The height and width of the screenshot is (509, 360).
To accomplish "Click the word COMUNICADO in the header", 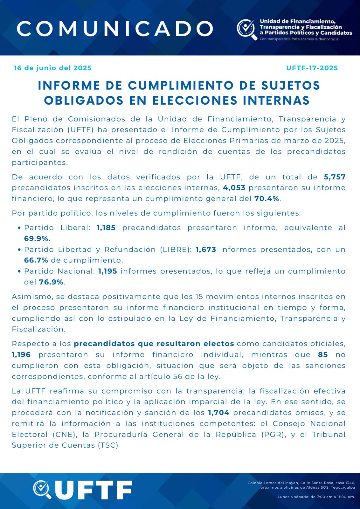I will [115, 29].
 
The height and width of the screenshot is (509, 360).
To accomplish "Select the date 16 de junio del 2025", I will [53, 68].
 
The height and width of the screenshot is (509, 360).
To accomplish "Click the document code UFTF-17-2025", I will [312, 68].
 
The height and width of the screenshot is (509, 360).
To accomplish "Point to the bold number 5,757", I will [335, 177].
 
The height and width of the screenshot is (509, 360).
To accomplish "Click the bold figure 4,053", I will [234, 188].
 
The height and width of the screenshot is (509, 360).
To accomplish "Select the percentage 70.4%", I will [267, 199].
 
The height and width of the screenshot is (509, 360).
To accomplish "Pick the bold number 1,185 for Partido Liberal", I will [106, 228].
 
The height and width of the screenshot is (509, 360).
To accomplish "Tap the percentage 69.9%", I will [37, 239].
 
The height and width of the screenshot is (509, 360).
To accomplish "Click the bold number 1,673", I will [206, 250].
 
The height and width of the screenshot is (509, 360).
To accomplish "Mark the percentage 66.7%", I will [36, 261].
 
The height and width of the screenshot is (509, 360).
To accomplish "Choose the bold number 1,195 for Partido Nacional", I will [107, 271].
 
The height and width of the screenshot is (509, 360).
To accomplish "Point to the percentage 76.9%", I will [51, 282].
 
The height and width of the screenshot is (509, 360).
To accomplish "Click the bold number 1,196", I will [21, 355].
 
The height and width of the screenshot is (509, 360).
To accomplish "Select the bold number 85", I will [323, 355].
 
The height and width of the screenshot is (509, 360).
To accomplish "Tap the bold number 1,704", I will [219, 413].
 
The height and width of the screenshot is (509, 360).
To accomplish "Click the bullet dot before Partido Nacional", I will [20, 272].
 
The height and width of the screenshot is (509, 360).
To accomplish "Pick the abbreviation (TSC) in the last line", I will [108, 445].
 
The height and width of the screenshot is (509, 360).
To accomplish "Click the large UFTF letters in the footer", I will [93, 490].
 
